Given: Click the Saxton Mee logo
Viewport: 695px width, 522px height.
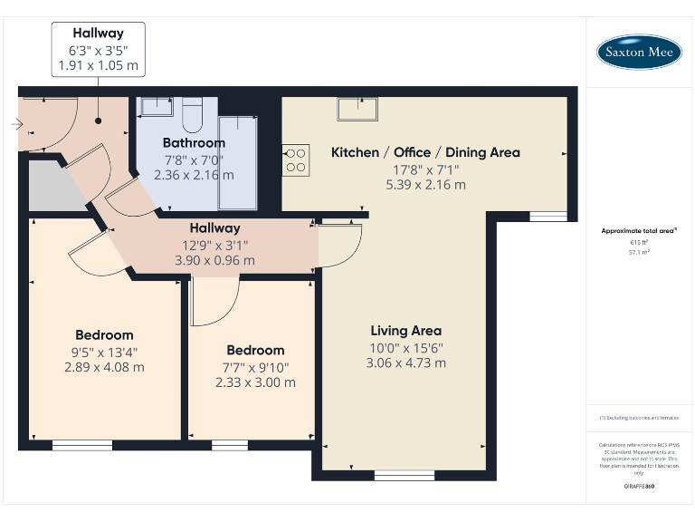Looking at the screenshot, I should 639,52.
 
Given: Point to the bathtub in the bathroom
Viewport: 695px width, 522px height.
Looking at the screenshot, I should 238,161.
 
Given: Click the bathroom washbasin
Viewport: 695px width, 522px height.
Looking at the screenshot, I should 155,108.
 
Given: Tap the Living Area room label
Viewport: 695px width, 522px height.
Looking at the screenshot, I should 406,331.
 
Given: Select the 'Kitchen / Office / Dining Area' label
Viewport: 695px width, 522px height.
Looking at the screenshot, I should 425,152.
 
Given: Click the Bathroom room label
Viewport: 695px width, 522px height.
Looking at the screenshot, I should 194,143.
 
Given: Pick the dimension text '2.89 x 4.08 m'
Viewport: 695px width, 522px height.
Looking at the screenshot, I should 104,367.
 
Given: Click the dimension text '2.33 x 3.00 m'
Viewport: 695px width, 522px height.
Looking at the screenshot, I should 255,382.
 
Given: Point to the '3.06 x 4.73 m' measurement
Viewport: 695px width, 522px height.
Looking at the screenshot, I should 406,362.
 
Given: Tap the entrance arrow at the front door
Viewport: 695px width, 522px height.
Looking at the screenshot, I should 17,124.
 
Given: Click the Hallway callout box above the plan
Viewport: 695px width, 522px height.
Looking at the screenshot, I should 98,49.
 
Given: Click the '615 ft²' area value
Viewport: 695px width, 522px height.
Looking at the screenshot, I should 639,242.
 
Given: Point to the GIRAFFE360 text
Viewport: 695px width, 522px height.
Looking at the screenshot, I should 639,487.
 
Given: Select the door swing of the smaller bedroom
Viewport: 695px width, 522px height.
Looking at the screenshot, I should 214,301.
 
